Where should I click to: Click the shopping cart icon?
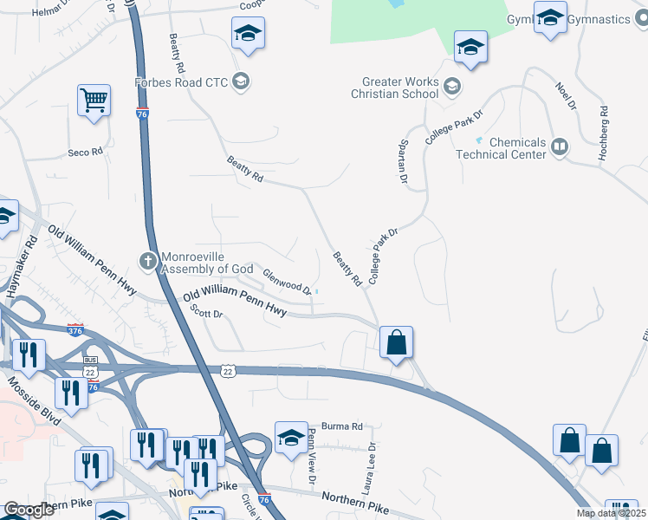click(x=94, y=100)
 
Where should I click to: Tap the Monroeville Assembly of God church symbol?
click(x=148, y=260)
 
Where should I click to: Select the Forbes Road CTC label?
click(x=180, y=83)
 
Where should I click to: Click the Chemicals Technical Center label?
click(x=517, y=148)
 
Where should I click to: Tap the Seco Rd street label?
click(x=86, y=153)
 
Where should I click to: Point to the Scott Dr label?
click(x=207, y=315)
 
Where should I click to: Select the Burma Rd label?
click(x=341, y=426)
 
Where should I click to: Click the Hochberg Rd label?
click(x=603, y=133)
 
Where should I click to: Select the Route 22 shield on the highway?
click(x=227, y=370)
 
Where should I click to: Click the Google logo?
click(x=29, y=510)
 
